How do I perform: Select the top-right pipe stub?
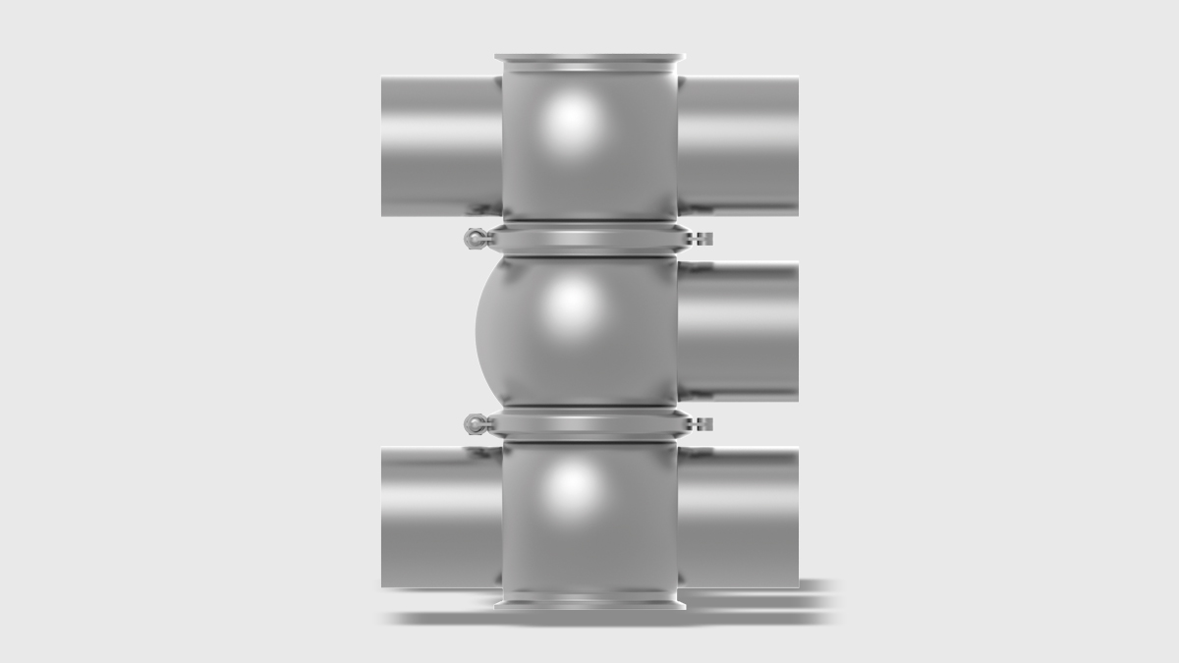point(738,145)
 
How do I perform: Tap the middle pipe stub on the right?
point(738,331)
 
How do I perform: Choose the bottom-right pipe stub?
point(738,518)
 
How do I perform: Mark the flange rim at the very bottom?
point(589,601)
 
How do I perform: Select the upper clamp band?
point(589,239)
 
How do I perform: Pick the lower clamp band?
point(589,424)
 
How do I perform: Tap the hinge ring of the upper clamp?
point(475,238)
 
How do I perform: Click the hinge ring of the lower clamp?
point(475,423)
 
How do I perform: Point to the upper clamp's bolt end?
point(702,239)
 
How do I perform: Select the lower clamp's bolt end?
point(702,424)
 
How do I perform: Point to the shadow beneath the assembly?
point(609,618)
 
